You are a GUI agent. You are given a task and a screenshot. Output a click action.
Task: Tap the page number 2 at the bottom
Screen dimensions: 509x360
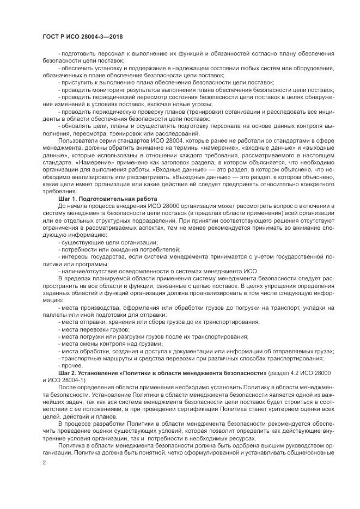click(44, 462)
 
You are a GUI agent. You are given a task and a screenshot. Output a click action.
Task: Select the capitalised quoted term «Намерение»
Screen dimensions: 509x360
click(86, 162)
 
